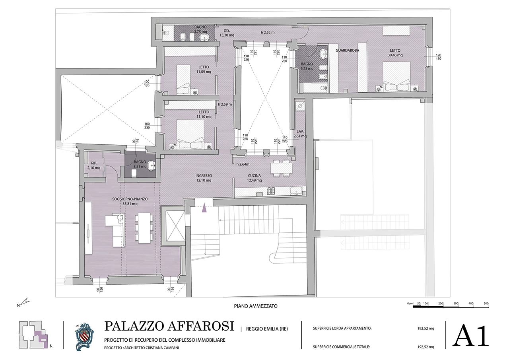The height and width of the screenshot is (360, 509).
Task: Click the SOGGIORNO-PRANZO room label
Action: click(x=130, y=199)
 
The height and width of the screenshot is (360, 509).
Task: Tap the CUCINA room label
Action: click(x=254, y=176)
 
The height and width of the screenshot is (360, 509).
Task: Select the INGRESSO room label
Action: click(x=204, y=176)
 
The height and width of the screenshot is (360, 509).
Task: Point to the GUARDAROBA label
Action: click(x=348, y=51)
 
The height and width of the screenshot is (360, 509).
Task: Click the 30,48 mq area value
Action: click(x=395, y=55)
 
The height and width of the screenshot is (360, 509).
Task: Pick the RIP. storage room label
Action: click(x=94, y=163)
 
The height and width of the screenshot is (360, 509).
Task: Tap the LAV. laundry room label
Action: click(x=300, y=131)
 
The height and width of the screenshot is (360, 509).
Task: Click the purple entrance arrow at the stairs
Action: click(x=204, y=208)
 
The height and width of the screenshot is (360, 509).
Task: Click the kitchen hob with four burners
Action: click(x=271, y=191)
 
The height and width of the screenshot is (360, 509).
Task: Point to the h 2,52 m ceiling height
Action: click(x=268, y=33)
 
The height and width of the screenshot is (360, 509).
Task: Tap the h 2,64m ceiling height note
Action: click(x=243, y=164)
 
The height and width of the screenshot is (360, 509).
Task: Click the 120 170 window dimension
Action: click(x=438, y=57)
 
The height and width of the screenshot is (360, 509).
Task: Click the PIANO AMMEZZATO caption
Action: click(x=256, y=306)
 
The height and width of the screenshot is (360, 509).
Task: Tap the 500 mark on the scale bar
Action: click(x=486, y=304)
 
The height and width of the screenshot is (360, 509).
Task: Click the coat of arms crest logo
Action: click(x=84, y=337)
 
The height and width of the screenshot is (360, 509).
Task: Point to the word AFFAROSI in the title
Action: click(x=201, y=326)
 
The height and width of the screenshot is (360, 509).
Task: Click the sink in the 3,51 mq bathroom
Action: click(x=152, y=166)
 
